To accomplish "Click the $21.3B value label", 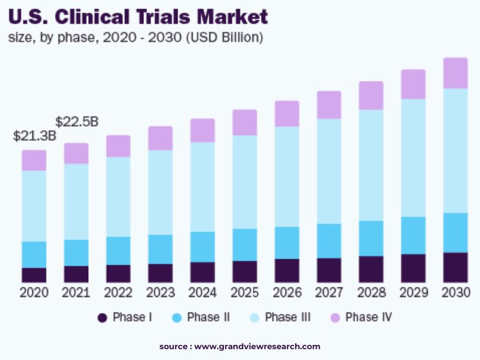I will pos(34,136).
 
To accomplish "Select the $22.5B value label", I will pos(77,122).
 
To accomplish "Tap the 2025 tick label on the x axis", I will pos(244,293).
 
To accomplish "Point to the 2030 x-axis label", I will pos(455,293).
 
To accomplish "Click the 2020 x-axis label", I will pos(34,293).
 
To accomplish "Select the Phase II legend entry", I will pos(201,317).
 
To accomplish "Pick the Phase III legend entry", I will pos(280,317).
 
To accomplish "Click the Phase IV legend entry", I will pos(361,317).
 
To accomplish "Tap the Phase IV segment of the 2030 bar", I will pos(455,73).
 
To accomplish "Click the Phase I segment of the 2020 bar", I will pos(34,275).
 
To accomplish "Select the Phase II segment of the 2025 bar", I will pos(244,245).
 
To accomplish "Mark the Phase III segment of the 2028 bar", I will pos(371,165).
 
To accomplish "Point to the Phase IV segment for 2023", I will pos(160,138).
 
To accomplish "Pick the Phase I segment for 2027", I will pos(329,270).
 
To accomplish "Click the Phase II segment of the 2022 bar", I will pos(118,251).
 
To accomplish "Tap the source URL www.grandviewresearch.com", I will pos(257,347).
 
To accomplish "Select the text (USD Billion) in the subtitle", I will pos(224,37).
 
